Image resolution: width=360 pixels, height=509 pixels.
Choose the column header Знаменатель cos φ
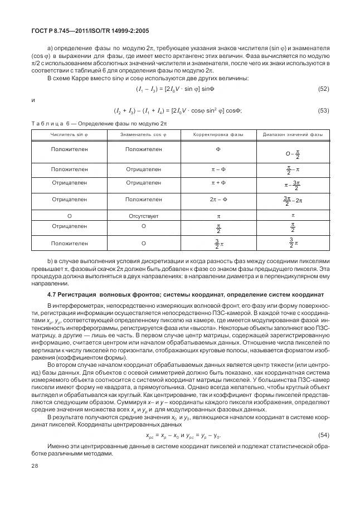click(143, 135)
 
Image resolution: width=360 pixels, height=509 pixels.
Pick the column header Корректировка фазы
click(218, 135)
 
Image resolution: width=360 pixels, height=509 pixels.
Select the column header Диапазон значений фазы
click(293, 135)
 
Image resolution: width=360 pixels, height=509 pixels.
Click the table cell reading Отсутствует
click(143, 215)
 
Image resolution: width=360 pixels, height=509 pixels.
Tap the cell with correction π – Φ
click(218, 169)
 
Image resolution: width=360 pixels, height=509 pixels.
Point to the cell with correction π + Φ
click(218, 183)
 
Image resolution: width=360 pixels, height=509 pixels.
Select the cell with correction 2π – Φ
click(218, 199)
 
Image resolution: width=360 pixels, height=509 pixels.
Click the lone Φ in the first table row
click(218, 149)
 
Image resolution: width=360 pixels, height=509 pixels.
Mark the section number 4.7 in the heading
click(52, 294)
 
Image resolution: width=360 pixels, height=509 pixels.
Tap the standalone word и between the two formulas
click(34, 100)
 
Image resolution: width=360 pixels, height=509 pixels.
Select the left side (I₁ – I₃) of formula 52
click(149, 89)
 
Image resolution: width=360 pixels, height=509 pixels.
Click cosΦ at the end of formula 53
click(233, 110)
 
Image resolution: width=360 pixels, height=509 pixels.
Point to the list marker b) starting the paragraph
click(50, 261)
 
